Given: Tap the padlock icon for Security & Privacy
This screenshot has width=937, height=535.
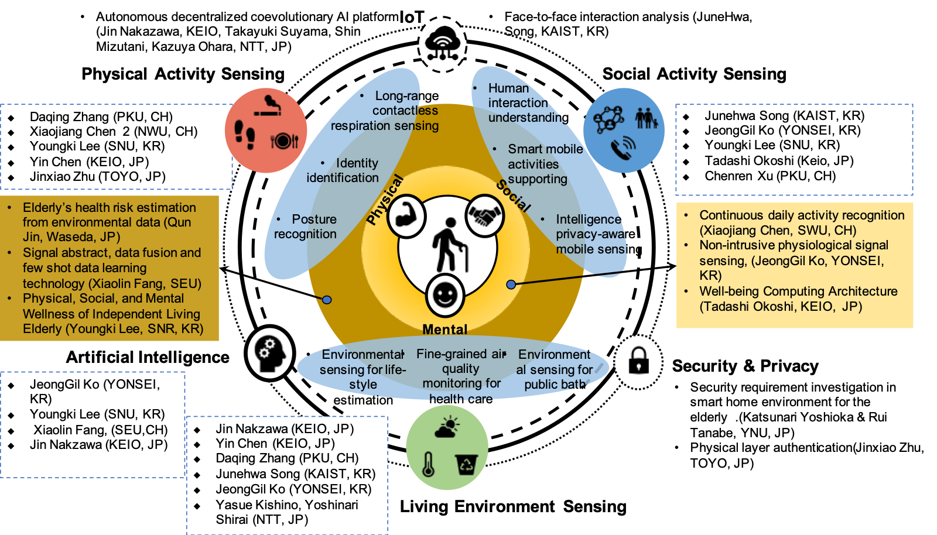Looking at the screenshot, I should point(638,361).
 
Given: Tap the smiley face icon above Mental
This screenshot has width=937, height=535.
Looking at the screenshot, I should point(445,294).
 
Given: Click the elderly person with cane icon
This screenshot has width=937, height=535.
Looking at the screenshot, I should point(449,244).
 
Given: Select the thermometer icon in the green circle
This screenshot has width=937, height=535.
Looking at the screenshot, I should point(429,464).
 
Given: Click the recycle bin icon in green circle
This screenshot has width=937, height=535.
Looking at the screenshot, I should point(466,464).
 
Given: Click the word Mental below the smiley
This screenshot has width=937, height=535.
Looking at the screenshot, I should point(445,330).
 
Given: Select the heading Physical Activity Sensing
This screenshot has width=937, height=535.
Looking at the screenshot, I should point(183,74).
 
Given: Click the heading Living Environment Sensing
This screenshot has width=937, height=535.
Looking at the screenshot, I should point(513,506).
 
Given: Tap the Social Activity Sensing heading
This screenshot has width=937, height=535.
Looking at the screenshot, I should point(694,74).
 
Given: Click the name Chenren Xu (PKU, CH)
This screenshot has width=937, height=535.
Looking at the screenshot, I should point(770,176).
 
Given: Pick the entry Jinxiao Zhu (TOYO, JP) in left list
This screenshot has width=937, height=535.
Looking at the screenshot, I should point(97,177).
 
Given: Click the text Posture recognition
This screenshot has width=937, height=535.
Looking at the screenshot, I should point(306,227).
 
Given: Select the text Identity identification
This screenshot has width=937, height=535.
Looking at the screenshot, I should point(343,170).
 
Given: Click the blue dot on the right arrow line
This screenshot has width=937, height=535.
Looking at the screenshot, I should point(511,284).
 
